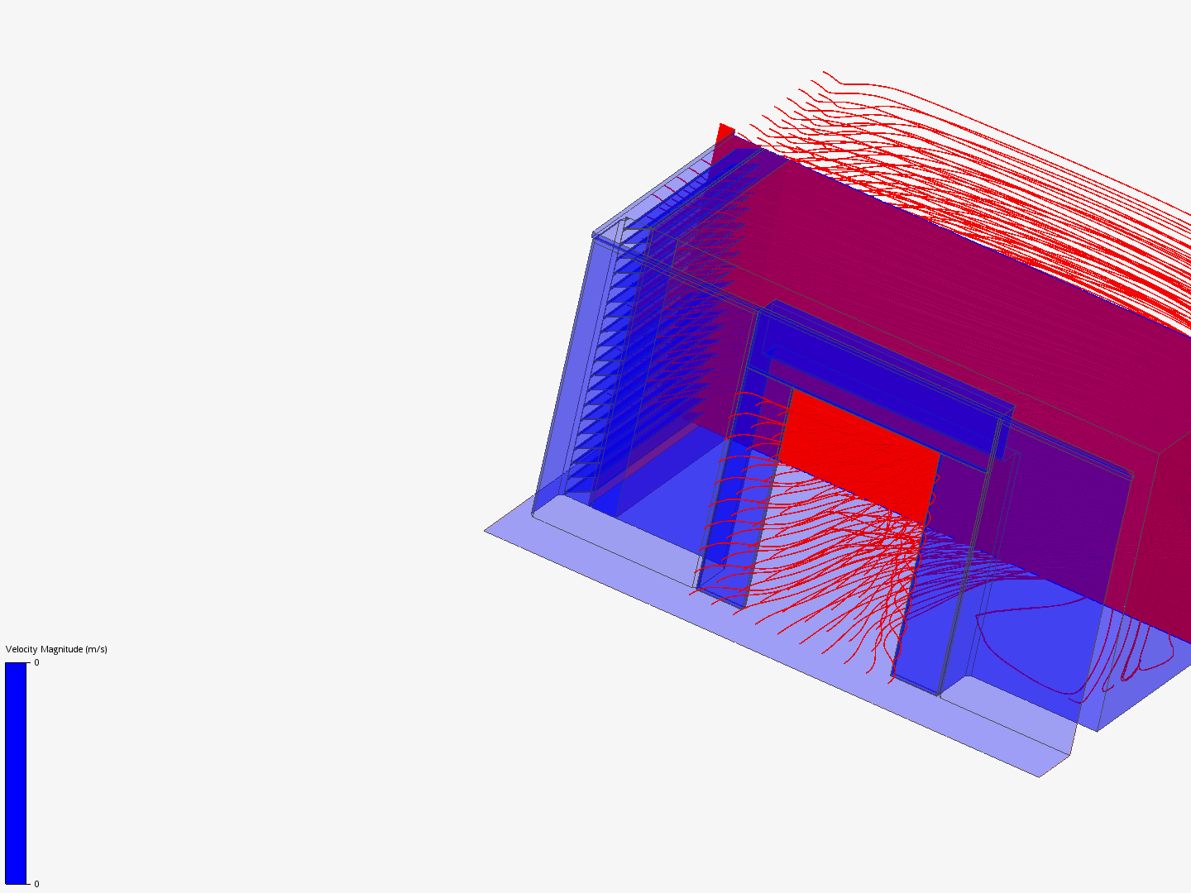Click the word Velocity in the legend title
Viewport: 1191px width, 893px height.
click(22, 649)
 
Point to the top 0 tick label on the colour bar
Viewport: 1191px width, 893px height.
click(37, 662)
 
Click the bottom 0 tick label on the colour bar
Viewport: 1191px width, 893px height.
click(37, 884)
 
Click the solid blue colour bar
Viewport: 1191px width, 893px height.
click(16, 773)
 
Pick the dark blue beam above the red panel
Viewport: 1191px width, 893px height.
click(884, 380)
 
